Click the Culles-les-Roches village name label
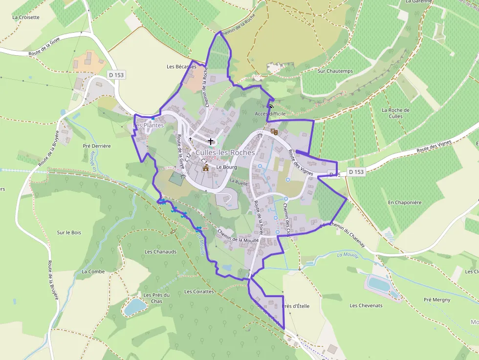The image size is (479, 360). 225,152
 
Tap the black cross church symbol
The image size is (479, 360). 211,141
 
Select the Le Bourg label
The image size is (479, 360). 226,167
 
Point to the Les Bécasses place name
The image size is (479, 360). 181,66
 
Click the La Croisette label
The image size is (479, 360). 25,17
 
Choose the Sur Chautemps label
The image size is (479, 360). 335,71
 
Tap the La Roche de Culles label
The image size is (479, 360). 395,113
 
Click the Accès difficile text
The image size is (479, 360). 270,113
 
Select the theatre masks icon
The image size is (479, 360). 274,131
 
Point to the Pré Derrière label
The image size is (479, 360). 97,146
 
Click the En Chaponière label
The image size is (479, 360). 405,202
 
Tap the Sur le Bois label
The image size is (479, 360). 69,233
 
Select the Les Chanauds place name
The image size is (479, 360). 160,252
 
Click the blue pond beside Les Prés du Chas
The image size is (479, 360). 135,306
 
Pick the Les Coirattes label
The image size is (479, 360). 199,292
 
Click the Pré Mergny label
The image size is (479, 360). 437,300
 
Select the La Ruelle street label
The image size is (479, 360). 239,182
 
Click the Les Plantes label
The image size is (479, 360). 149,126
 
